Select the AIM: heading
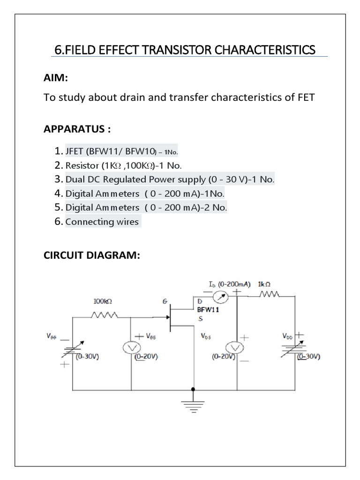(56, 78)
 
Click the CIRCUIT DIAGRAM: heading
(92, 256)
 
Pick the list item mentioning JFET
(122, 152)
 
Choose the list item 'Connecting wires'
(102, 222)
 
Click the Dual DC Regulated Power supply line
(170, 180)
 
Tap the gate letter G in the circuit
(165, 302)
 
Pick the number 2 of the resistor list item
(58, 165)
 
